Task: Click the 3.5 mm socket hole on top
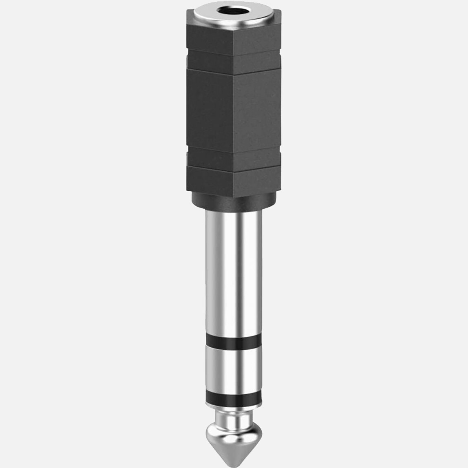point(234,11)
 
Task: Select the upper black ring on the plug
point(233,342)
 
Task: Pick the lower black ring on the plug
point(233,397)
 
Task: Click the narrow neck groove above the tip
point(233,418)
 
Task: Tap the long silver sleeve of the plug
point(233,269)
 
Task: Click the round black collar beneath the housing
point(233,202)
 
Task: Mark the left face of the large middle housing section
point(210,110)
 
